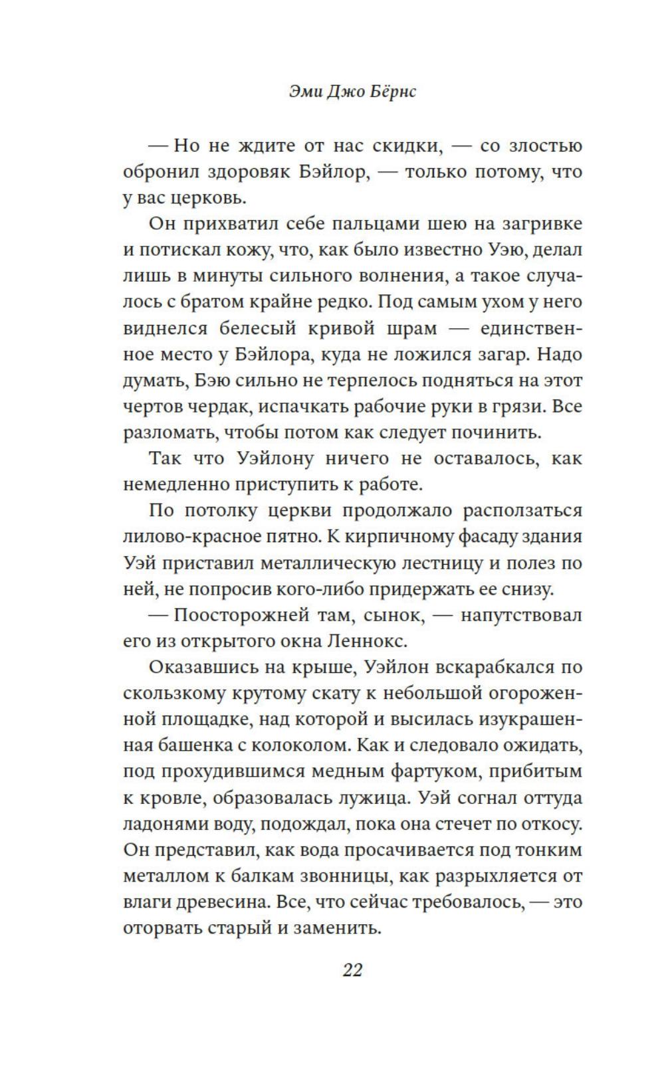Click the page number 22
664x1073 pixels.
(352, 970)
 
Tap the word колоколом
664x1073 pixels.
(300, 745)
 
